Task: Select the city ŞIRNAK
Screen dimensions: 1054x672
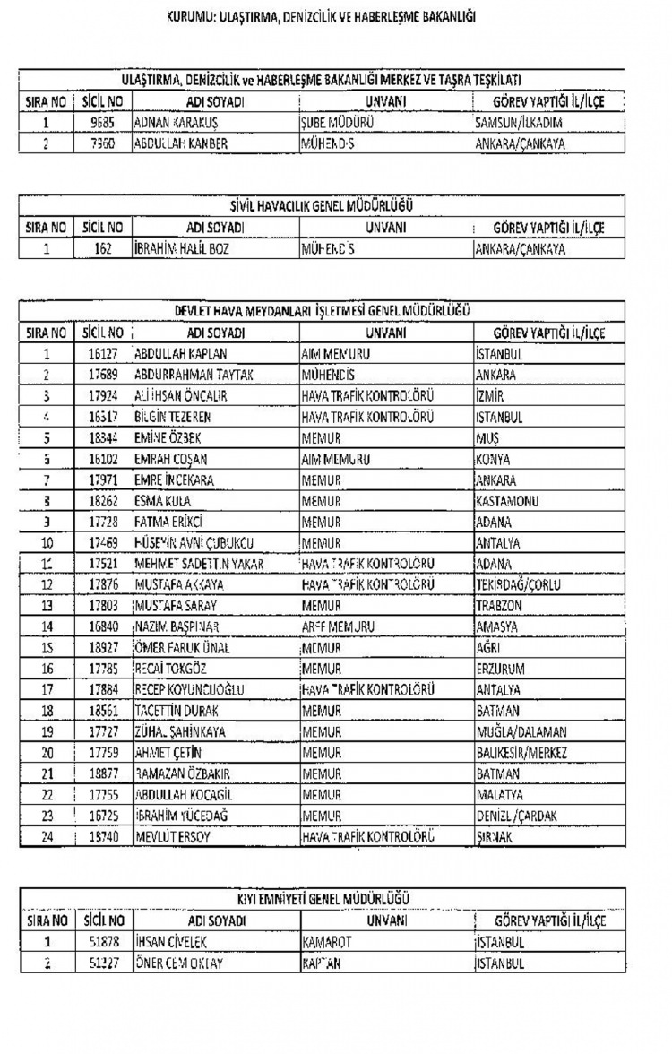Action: click(494, 838)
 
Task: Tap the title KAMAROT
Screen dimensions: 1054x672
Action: click(326, 943)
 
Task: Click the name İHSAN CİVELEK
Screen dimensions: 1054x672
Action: click(176, 943)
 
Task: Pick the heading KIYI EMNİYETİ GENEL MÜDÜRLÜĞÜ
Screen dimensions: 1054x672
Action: click(323, 899)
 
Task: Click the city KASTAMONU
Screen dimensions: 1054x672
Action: click(507, 501)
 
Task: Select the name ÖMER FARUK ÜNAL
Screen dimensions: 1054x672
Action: click(181, 648)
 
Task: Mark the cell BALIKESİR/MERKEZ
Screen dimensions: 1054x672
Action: click(521, 754)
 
